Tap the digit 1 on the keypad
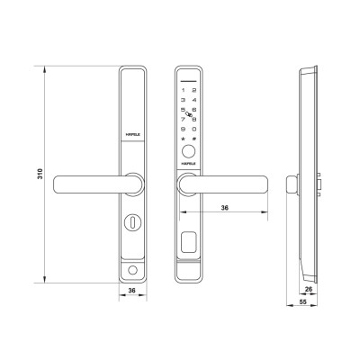coord(184,90)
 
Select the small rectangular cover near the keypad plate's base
coord(189,241)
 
